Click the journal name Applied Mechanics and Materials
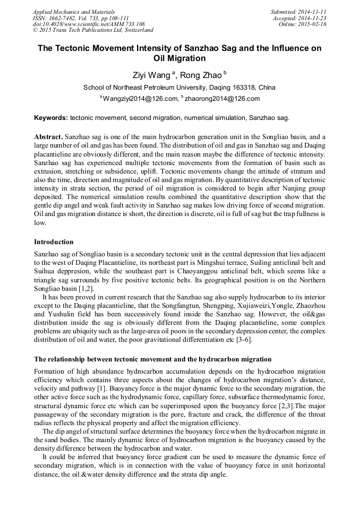(73, 12)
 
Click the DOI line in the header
(89, 24)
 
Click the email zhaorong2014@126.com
(222, 99)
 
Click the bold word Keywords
(50, 117)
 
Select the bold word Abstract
(48, 136)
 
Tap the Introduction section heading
(54, 242)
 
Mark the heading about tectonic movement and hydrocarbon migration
(152, 359)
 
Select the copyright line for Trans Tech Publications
(93, 31)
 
